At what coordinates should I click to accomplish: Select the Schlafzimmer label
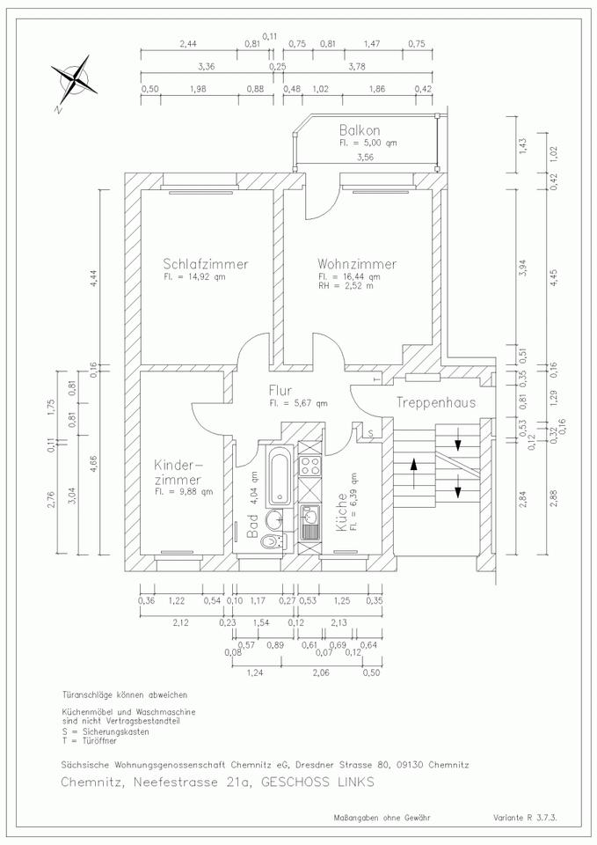point(205,263)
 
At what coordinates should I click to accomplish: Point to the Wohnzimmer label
point(357,263)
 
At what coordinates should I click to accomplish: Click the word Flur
point(283,392)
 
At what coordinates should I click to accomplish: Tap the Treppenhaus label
point(435,403)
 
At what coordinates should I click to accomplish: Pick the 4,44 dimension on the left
point(94,275)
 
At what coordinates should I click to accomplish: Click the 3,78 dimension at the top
point(356,66)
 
